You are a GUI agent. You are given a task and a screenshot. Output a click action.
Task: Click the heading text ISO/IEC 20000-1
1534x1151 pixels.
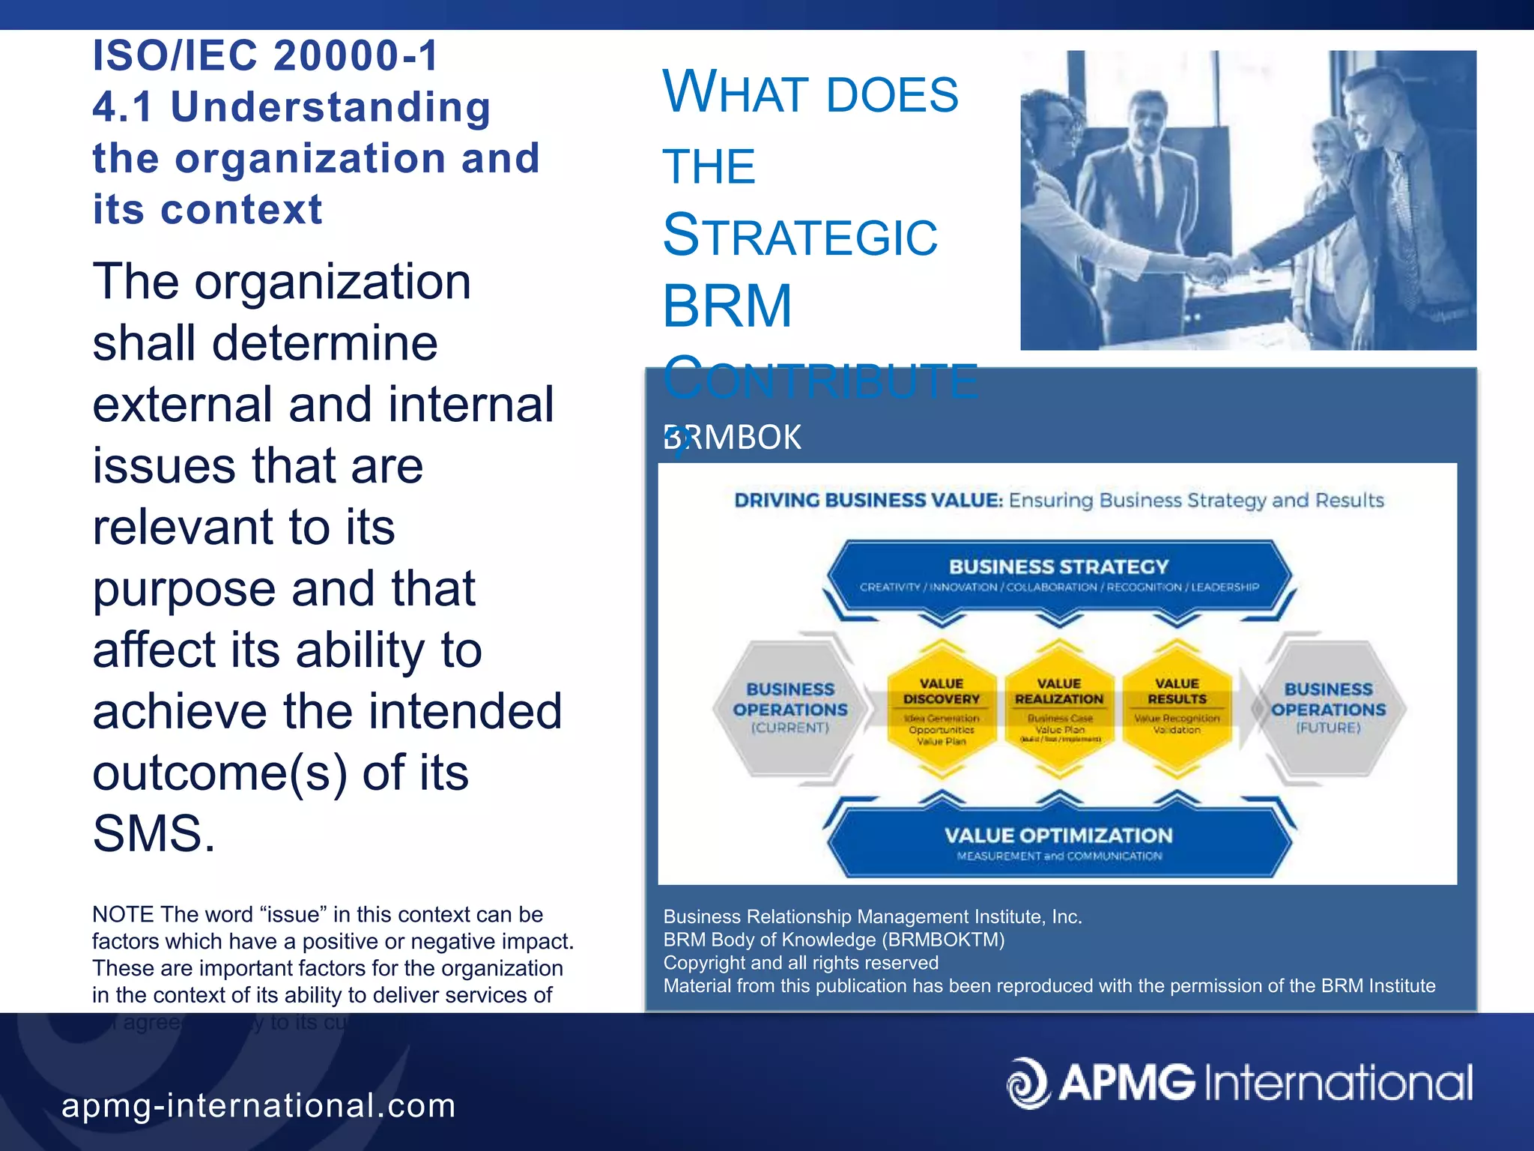click(265, 56)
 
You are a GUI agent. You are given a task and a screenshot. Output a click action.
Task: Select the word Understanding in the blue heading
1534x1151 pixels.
click(330, 107)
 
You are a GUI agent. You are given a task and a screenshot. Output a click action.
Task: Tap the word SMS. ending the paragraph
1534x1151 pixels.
click(154, 833)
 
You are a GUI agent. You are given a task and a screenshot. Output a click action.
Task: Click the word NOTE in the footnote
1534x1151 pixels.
click(123, 914)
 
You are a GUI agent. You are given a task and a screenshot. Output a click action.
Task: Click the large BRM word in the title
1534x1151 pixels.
click(727, 307)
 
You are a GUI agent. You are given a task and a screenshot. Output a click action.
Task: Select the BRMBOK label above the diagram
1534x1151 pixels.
click(733, 438)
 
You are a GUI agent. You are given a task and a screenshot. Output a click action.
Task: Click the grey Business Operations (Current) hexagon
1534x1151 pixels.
click(790, 708)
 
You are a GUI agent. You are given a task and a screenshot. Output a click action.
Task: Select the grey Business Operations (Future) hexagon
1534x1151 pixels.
click(1328, 708)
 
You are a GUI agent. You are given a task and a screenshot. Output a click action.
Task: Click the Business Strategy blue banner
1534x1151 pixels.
click(1058, 575)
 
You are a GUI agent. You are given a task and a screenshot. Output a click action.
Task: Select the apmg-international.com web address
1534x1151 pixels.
click(258, 1105)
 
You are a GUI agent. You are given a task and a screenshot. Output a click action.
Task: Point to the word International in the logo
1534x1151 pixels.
click(1338, 1084)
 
